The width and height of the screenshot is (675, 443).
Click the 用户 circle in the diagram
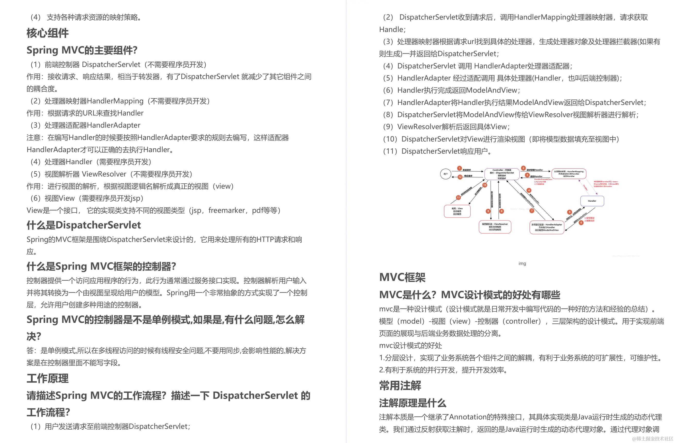pos(445,174)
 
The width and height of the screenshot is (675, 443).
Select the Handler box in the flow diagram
pos(592,201)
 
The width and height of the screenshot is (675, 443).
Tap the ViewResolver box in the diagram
pos(495,227)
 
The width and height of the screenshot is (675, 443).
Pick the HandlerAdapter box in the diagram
pos(547,227)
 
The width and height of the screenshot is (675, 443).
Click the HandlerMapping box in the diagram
pos(569,174)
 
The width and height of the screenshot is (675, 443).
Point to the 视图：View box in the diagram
pos(457,211)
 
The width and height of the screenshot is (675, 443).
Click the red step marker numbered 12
pos(460,177)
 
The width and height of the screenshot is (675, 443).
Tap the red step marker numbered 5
pos(569,212)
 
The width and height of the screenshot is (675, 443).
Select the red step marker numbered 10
pos(485,185)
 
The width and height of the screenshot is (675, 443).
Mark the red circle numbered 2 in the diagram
pos(523,168)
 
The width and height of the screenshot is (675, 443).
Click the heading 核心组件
pos(47,33)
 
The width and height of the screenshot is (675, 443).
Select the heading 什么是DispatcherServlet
pos(84,225)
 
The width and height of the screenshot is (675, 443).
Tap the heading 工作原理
pos(47,378)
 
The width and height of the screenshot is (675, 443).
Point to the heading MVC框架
pos(402,277)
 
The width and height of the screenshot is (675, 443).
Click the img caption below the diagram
pos(522,263)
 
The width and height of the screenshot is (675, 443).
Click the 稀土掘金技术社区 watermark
pos(652,438)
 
